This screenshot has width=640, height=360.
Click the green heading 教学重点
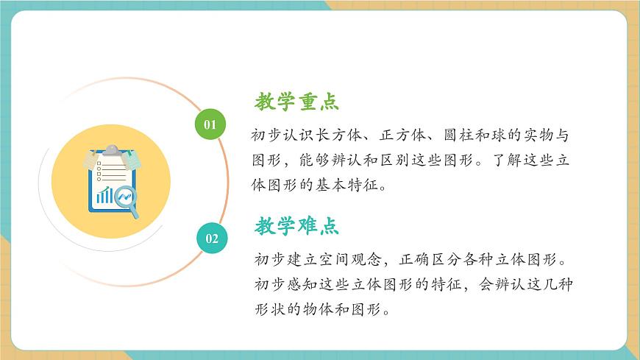296,102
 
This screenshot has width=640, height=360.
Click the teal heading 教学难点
296,226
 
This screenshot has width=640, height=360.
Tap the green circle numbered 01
210,124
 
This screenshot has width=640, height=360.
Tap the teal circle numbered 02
212,238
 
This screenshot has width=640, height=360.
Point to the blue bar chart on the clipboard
104,195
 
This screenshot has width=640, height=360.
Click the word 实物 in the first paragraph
530,137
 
